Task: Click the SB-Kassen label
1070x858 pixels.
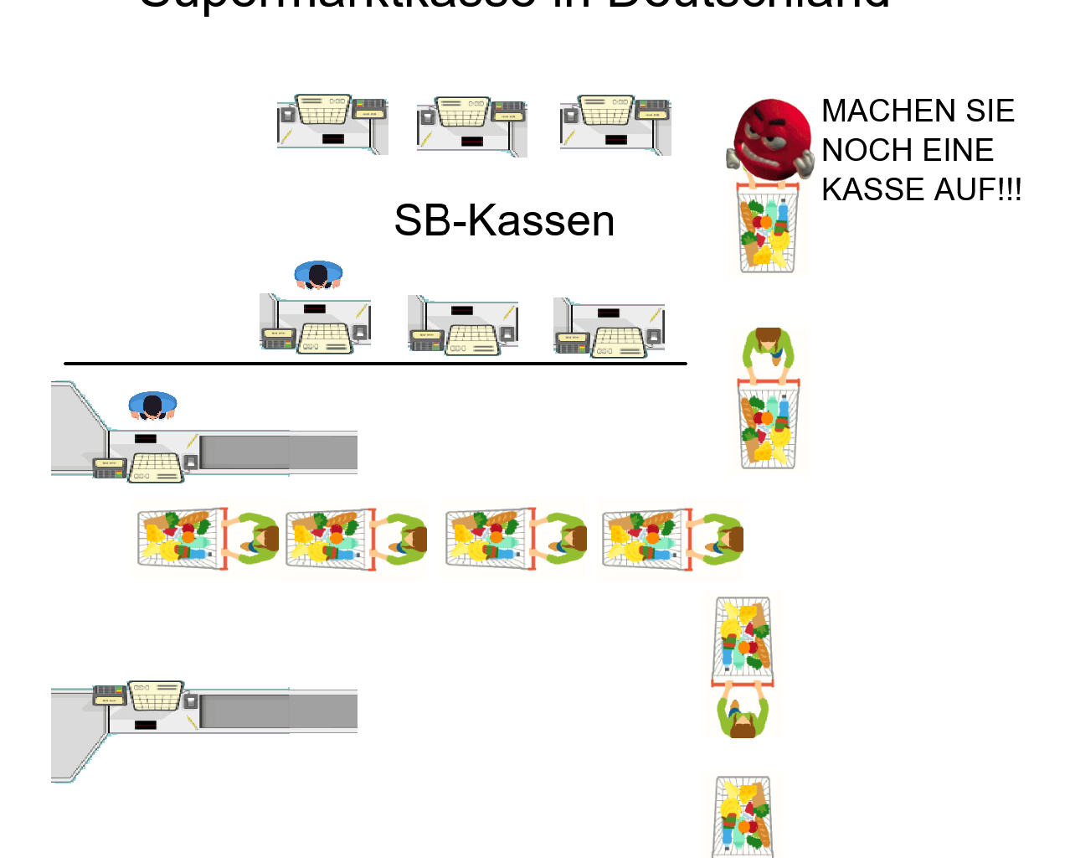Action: point(504,221)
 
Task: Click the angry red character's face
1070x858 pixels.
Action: point(771,134)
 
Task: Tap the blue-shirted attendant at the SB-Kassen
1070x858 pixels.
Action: point(318,275)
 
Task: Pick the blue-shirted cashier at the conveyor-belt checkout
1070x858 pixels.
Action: point(152,406)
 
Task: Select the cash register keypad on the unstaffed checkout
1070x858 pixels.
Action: point(156,695)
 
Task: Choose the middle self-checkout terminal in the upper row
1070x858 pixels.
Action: point(471,126)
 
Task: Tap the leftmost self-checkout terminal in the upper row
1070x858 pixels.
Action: point(332,123)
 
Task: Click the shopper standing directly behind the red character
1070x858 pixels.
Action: point(768,346)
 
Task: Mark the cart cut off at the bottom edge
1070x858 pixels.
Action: point(743,816)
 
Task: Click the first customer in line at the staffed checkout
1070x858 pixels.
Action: point(255,539)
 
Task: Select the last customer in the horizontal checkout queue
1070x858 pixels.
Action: point(721,539)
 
